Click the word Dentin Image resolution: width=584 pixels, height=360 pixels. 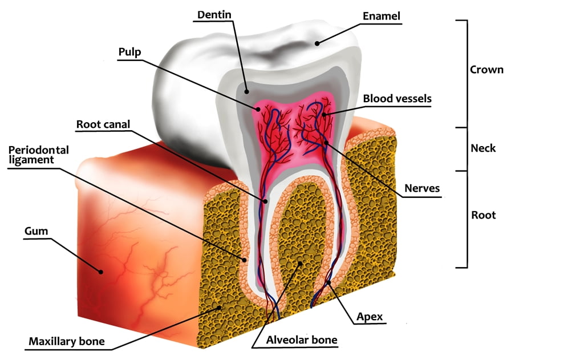(x=214, y=14)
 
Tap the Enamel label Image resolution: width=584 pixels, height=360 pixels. (x=382, y=16)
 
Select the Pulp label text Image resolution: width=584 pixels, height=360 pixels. (x=129, y=52)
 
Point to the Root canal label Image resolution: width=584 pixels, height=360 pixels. (x=103, y=124)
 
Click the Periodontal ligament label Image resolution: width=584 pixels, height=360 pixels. (x=39, y=155)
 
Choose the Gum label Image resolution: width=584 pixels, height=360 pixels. (x=36, y=231)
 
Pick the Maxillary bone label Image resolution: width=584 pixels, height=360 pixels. (x=67, y=341)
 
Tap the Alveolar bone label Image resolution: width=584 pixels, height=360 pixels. (x=302, y=340)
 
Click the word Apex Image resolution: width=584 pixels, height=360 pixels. (x=370, y=317)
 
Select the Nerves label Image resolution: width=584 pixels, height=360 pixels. (x=422, y=188)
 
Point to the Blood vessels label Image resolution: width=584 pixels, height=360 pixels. (x=397, y=98)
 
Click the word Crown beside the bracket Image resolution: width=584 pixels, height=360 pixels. (x=486, y=70)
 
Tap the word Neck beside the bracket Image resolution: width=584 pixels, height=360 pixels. (x=483, y=148)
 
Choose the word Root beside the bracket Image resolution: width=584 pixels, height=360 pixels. (x=484, y=215)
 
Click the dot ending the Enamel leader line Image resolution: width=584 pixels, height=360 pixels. (x=317, y=43)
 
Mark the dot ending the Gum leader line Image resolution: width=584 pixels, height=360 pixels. (x=100, y=272)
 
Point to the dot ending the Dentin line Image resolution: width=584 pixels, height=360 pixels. (x=246, y=91)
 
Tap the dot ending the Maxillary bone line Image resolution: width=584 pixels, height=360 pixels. (x=220, y=308)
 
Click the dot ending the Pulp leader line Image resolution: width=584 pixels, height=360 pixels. (x=258, y=109)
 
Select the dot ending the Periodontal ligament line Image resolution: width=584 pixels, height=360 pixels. (x=244, y=260)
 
